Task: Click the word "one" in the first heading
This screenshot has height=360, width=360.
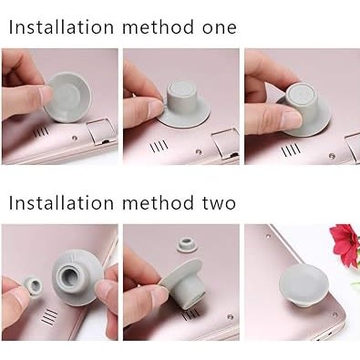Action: (220, 27)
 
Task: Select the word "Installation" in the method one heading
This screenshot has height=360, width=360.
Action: (61, 26)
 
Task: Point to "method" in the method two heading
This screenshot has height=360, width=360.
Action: (158, 202)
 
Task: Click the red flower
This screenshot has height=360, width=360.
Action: (345, 243)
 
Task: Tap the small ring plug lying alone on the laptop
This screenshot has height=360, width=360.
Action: (187, 244)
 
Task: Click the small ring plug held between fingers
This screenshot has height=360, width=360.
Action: (33, 286)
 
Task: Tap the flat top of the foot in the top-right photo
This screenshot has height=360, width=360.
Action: (300, 95)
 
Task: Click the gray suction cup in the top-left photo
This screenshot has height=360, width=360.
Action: (67, 98)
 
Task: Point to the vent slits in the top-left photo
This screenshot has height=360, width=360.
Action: (41, 132)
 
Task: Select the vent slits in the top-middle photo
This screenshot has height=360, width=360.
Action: (159, 146)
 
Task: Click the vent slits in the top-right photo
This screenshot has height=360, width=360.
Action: (291, 150)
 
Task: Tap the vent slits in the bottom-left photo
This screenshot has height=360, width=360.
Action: (49, 316)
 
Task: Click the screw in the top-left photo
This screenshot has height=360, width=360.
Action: (75, 138)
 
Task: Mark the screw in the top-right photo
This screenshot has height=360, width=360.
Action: (332, 156)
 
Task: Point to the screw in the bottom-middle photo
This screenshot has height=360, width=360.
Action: (231, 317)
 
